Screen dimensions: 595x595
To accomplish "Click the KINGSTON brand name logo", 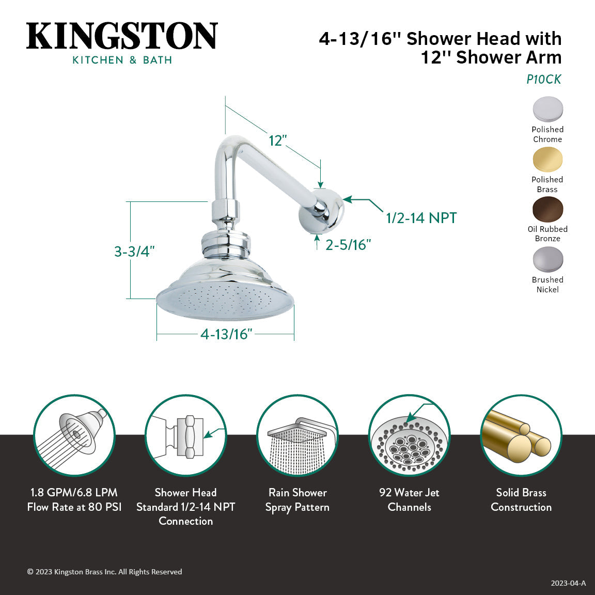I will (122, 36).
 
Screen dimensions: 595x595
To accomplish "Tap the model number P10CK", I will (543, 80).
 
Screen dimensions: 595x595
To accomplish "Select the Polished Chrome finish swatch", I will (547, 109).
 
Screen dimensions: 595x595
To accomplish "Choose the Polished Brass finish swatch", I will (547, 159).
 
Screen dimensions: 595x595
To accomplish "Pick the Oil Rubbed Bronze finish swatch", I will (547, 209).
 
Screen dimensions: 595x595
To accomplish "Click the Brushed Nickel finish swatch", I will (547, 259).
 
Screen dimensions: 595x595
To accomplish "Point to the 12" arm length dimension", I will (277, 140).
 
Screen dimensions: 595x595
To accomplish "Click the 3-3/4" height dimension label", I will (134, 252).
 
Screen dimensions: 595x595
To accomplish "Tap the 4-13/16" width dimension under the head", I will (226, 334).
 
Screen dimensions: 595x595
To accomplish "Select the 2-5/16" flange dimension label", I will (348, 245).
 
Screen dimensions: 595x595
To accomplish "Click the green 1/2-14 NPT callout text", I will (421, 218).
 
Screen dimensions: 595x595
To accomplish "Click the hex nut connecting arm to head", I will (226, 210).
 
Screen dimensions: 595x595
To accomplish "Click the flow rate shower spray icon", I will (74, 435).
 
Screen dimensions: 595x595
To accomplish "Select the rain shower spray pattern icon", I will (297, 435).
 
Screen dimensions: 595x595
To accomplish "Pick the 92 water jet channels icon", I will (409, 435).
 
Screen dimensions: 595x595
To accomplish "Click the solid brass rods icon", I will (521, 435).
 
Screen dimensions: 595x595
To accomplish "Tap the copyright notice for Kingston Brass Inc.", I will (104, 572).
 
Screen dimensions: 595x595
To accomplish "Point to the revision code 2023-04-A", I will (568, 583).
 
